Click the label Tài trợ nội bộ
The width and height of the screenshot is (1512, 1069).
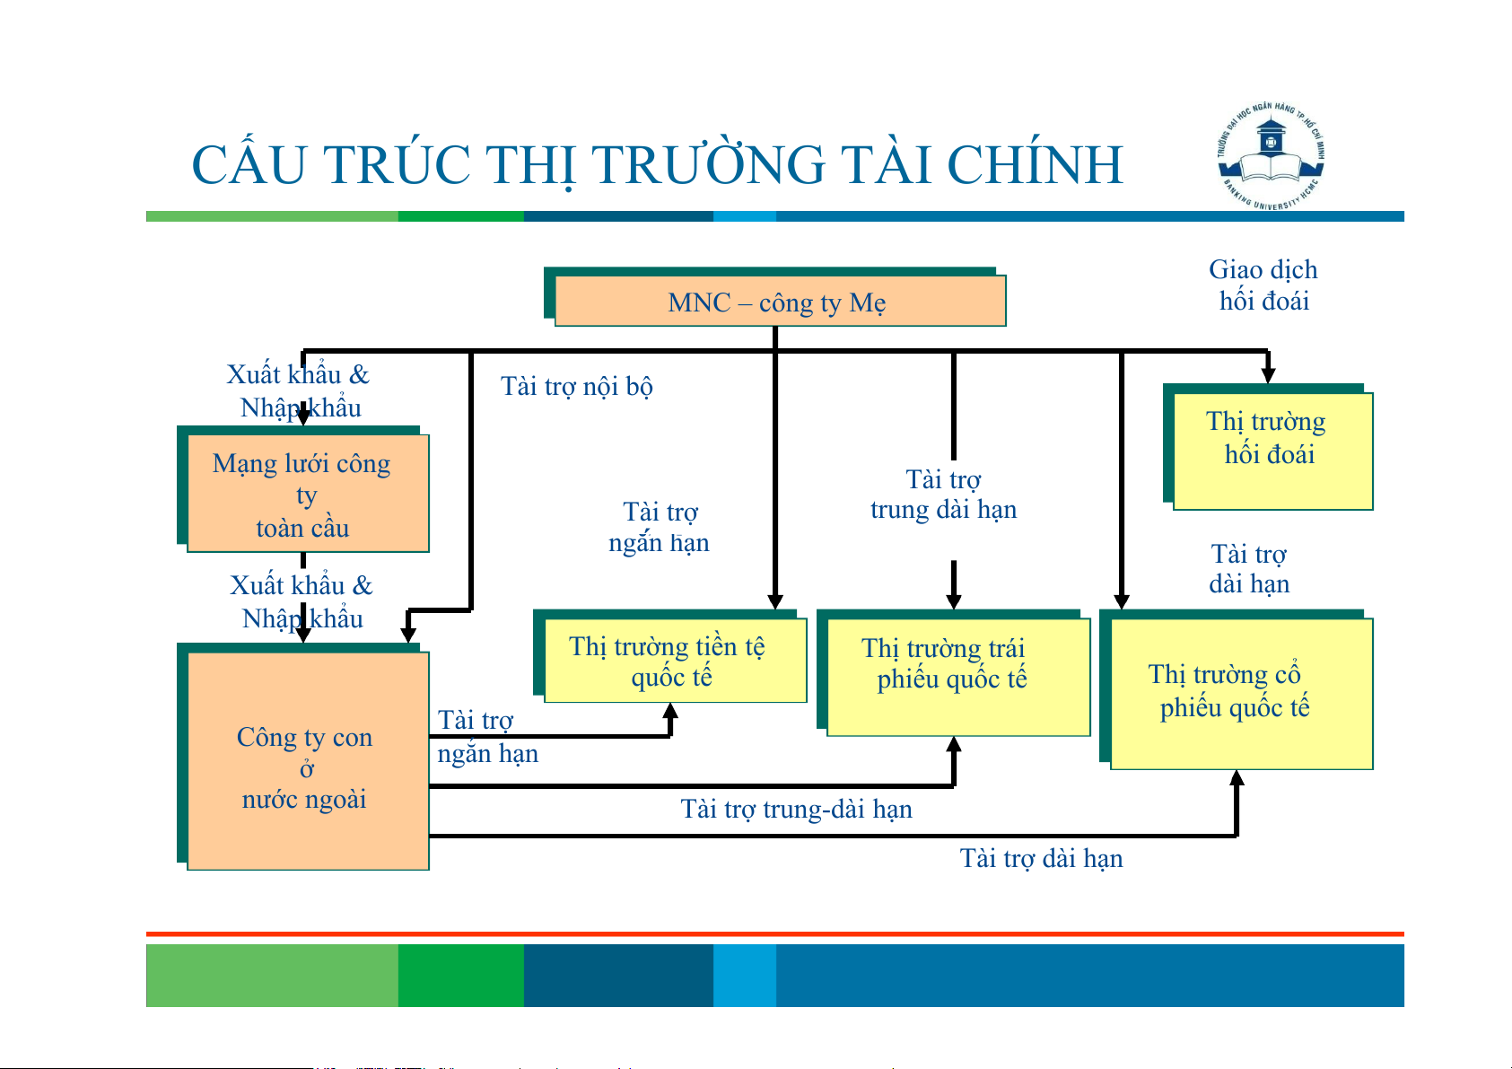[x=576, y=386]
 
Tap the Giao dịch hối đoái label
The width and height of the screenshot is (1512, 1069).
[x=1263, y=285]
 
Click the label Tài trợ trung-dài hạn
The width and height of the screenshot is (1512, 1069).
[x=796, y=810]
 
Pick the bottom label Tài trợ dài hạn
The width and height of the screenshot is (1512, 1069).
[x=1041, y=859]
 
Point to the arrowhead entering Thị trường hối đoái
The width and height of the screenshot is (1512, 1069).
[x=1267, y=374]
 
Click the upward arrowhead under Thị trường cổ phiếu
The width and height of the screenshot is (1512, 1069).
[x=1237, y=778]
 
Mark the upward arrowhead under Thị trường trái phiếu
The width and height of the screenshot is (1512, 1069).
[x=954, y=745]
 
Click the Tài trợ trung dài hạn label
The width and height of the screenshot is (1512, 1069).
[x=943, y=495]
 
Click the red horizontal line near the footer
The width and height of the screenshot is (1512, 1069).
[x=774, y=934]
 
